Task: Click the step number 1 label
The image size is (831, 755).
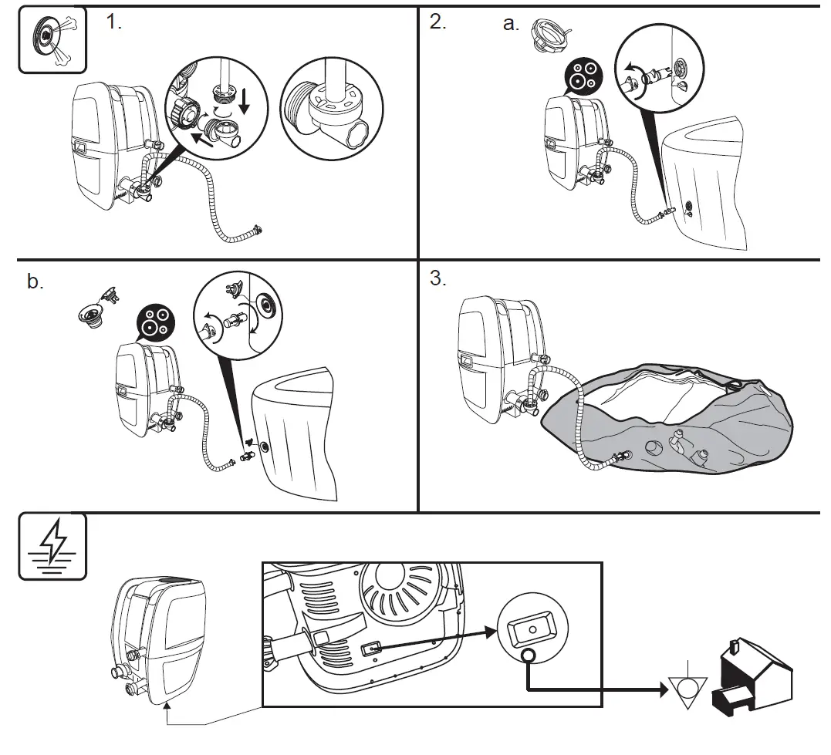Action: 114,22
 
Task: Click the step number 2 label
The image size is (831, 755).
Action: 437,22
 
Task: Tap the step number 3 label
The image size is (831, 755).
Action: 437,278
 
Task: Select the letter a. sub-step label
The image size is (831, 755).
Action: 511,24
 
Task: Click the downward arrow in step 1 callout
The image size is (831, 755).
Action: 245,101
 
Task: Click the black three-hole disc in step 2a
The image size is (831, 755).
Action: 584,77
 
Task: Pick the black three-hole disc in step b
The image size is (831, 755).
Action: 154,323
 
